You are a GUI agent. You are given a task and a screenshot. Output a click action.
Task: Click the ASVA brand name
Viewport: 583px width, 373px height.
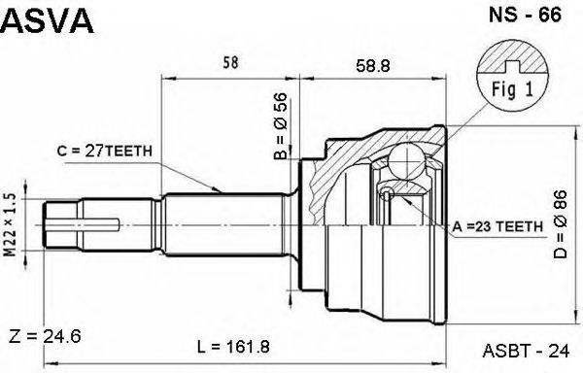pyautogui.click(x=48, y=20)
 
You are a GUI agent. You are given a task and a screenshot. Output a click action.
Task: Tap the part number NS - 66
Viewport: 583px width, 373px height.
pyautogui.click(x=525, y=15)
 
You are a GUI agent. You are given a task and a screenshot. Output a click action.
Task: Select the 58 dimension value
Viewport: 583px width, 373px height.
pyautogui.click(x=230, y=62)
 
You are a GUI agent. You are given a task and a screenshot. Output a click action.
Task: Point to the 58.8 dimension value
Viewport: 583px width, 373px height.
pyautogui.click(x=373, y=66)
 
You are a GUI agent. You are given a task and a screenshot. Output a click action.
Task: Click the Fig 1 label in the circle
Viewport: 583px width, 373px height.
pyautogui.click(x=512, y=89)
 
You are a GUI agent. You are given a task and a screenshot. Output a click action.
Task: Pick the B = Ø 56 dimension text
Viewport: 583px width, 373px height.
pyautogui.click(x=281, y=126)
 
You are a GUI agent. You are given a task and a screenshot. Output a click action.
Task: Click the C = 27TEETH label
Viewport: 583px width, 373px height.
pyautogui.click(x=105, y=151)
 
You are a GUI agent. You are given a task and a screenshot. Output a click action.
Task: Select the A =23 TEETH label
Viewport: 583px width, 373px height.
pyautogui.click(x=497, y=226)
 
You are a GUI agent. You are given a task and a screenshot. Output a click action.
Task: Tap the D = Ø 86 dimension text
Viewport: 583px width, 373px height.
pyautogui.click(x=560, y=224)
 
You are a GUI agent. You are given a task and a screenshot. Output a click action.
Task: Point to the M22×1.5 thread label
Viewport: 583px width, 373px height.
pyautogui.click(x=11, y=224)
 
